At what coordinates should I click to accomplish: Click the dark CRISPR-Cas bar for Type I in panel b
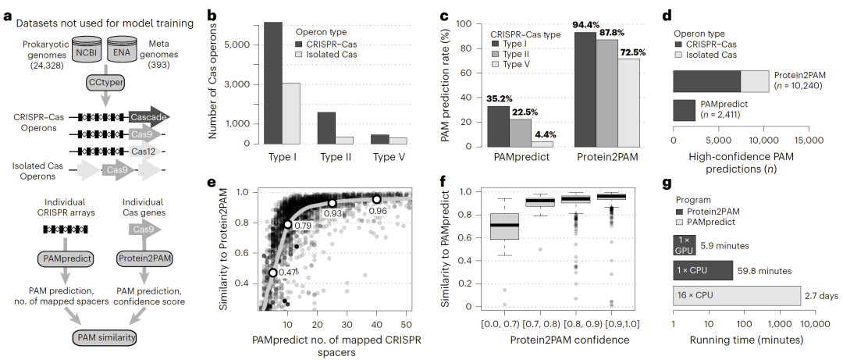click(272, 83)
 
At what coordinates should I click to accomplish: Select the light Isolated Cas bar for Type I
click(290, 113)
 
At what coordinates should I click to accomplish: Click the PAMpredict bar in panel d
click(684, 109)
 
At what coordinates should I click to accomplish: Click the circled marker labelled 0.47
click(272, 273)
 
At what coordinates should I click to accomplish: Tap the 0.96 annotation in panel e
click(378, 211)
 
